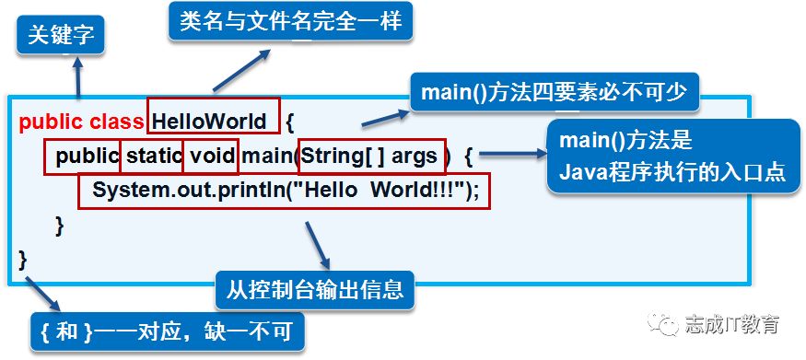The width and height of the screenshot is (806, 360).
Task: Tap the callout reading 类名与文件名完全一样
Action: point(290,21)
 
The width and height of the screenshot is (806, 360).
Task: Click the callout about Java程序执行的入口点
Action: point(673,157)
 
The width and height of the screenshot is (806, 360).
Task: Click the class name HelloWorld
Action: point(210,121)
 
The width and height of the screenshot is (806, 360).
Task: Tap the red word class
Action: point(117,121)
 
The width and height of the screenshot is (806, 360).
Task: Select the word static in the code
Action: point(153,156)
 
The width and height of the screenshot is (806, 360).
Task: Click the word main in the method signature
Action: point(268,156)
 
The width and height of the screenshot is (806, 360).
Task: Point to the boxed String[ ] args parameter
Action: point(374,156)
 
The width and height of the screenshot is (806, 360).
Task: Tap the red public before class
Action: point(52,121)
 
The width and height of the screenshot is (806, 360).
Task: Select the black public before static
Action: point(87,156)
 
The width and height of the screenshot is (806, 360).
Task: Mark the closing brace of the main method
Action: point(60,225)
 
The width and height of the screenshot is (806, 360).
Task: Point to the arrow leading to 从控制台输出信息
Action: point(313,243)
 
